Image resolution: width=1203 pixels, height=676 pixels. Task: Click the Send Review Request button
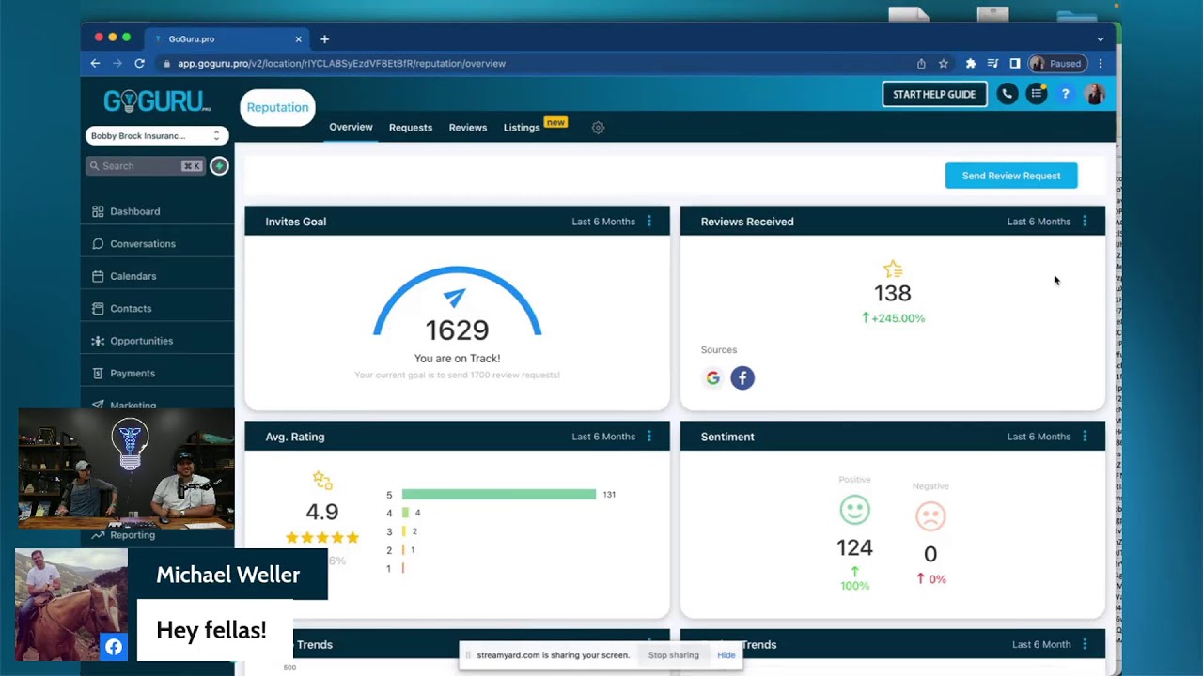1010,176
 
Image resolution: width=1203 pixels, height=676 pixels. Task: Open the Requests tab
410,128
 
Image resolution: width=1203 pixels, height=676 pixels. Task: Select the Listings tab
522,128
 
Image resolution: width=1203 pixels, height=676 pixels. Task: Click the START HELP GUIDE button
934,94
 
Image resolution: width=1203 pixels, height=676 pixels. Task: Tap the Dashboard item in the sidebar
134,211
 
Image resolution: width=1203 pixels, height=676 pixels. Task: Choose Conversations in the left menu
142,244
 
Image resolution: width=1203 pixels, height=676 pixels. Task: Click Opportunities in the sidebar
141,341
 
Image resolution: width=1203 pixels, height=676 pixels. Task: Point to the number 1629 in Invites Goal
457,330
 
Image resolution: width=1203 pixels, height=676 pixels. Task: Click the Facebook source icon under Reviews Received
742,378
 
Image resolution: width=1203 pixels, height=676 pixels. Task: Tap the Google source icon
713,378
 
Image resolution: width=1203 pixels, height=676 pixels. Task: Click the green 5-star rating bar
498,495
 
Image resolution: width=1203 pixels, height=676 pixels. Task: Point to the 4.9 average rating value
321,512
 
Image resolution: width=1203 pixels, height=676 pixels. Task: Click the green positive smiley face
854,511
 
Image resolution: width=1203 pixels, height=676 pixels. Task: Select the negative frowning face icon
930,516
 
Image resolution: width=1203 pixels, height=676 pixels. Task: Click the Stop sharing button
673,655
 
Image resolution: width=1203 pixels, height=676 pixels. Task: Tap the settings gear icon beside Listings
598,128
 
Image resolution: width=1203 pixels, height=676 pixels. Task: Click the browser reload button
139,64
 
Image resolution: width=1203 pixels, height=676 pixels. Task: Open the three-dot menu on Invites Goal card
649,222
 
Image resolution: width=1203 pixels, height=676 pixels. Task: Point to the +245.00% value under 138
898,318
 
